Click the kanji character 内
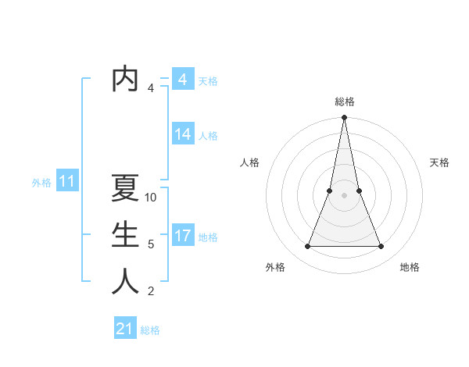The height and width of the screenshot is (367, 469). tap(125, 79)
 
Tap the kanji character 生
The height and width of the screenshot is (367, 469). tap(125, 235)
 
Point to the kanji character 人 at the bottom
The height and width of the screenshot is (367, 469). tap(125, 281)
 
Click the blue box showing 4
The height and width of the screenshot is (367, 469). tap(182, 80)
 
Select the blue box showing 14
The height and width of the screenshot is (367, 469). tap(182, 134)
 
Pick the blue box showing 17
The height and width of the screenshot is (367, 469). tap(182, 236)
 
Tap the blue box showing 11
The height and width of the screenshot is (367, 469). tap(66, 182)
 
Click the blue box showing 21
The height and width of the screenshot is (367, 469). tap(125, 329)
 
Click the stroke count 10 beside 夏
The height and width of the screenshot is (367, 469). tap(152, 198)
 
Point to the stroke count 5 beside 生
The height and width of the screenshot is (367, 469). tap(151, 244)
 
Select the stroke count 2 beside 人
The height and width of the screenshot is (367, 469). tap(151, 291)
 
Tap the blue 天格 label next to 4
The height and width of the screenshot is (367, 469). tap(208, 81)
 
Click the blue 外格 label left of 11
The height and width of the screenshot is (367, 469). tap(41, 183)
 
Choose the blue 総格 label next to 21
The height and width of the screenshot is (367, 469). tap(150, 330)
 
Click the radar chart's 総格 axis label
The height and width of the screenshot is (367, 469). tap(344, 102)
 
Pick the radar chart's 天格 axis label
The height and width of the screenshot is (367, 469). tap(440, 162)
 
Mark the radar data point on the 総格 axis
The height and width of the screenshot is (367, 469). tap(344, 118)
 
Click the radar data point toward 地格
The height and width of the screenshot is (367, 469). tap(381, 247)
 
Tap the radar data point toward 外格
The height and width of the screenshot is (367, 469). tap(307, 247)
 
